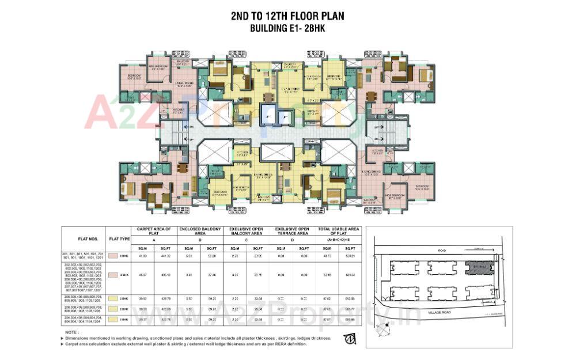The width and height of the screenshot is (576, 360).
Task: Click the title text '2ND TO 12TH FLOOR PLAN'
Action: pos(287,16)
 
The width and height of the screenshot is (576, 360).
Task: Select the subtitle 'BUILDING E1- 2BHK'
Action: pos(287,28)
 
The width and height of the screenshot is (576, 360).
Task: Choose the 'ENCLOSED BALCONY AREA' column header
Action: pos(200,232)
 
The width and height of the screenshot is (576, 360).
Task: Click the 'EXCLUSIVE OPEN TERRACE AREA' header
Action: pos(292,232)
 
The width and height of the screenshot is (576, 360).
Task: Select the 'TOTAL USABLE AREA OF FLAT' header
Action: pos(338,232)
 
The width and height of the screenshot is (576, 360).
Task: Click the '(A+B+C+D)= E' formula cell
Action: pos(338,238)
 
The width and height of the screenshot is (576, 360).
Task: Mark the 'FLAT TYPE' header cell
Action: pos(119,238)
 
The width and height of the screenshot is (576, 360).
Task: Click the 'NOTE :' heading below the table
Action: pos(72,332)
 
